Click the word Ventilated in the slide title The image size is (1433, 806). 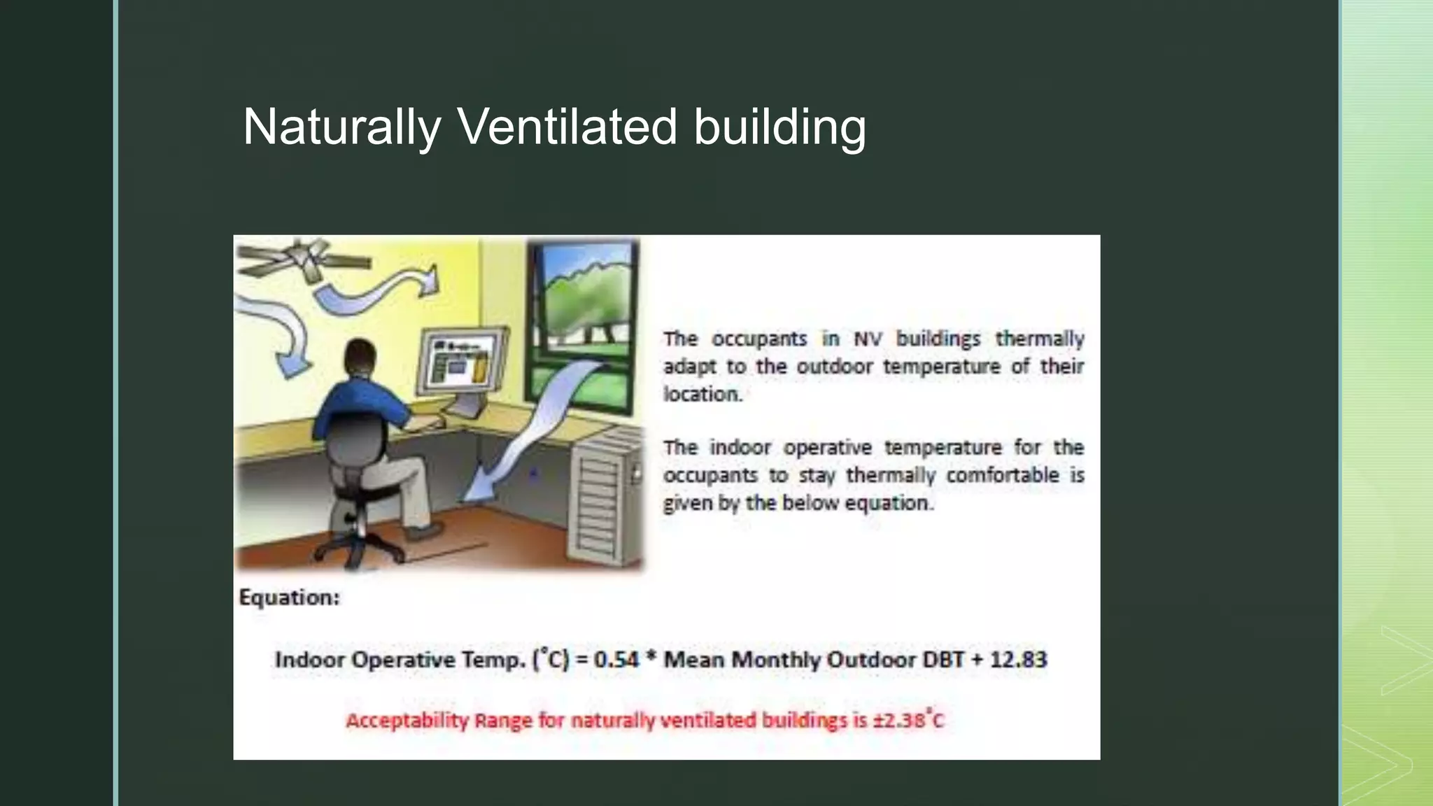567,127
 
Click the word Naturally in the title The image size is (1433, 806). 341,127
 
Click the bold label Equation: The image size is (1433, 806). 289,598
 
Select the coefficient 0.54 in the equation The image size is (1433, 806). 616,660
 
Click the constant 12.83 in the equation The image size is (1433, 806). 1018,660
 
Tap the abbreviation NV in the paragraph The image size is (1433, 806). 868,339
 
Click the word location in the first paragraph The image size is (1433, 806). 702,395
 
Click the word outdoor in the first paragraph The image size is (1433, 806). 835,367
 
